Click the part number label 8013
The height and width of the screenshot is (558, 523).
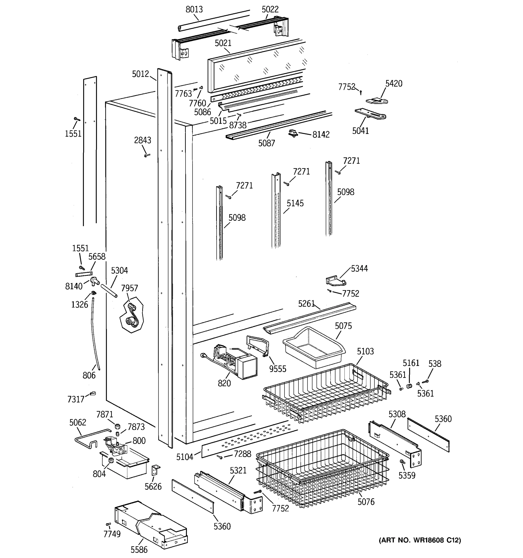tap(194, 10)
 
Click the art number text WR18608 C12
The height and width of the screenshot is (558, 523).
tap(420, 540)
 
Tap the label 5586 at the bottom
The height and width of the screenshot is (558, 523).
tap(139, 549)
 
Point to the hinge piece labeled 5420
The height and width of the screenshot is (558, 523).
tap(377, 101)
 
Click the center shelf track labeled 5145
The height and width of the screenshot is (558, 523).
tap(276, 210)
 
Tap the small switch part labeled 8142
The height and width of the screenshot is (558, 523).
tap(293, 133)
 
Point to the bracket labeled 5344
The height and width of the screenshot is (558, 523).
tap(335, 281)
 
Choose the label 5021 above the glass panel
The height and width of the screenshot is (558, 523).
tap(223, 43)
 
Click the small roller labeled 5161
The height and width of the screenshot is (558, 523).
tap(409, 386)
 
